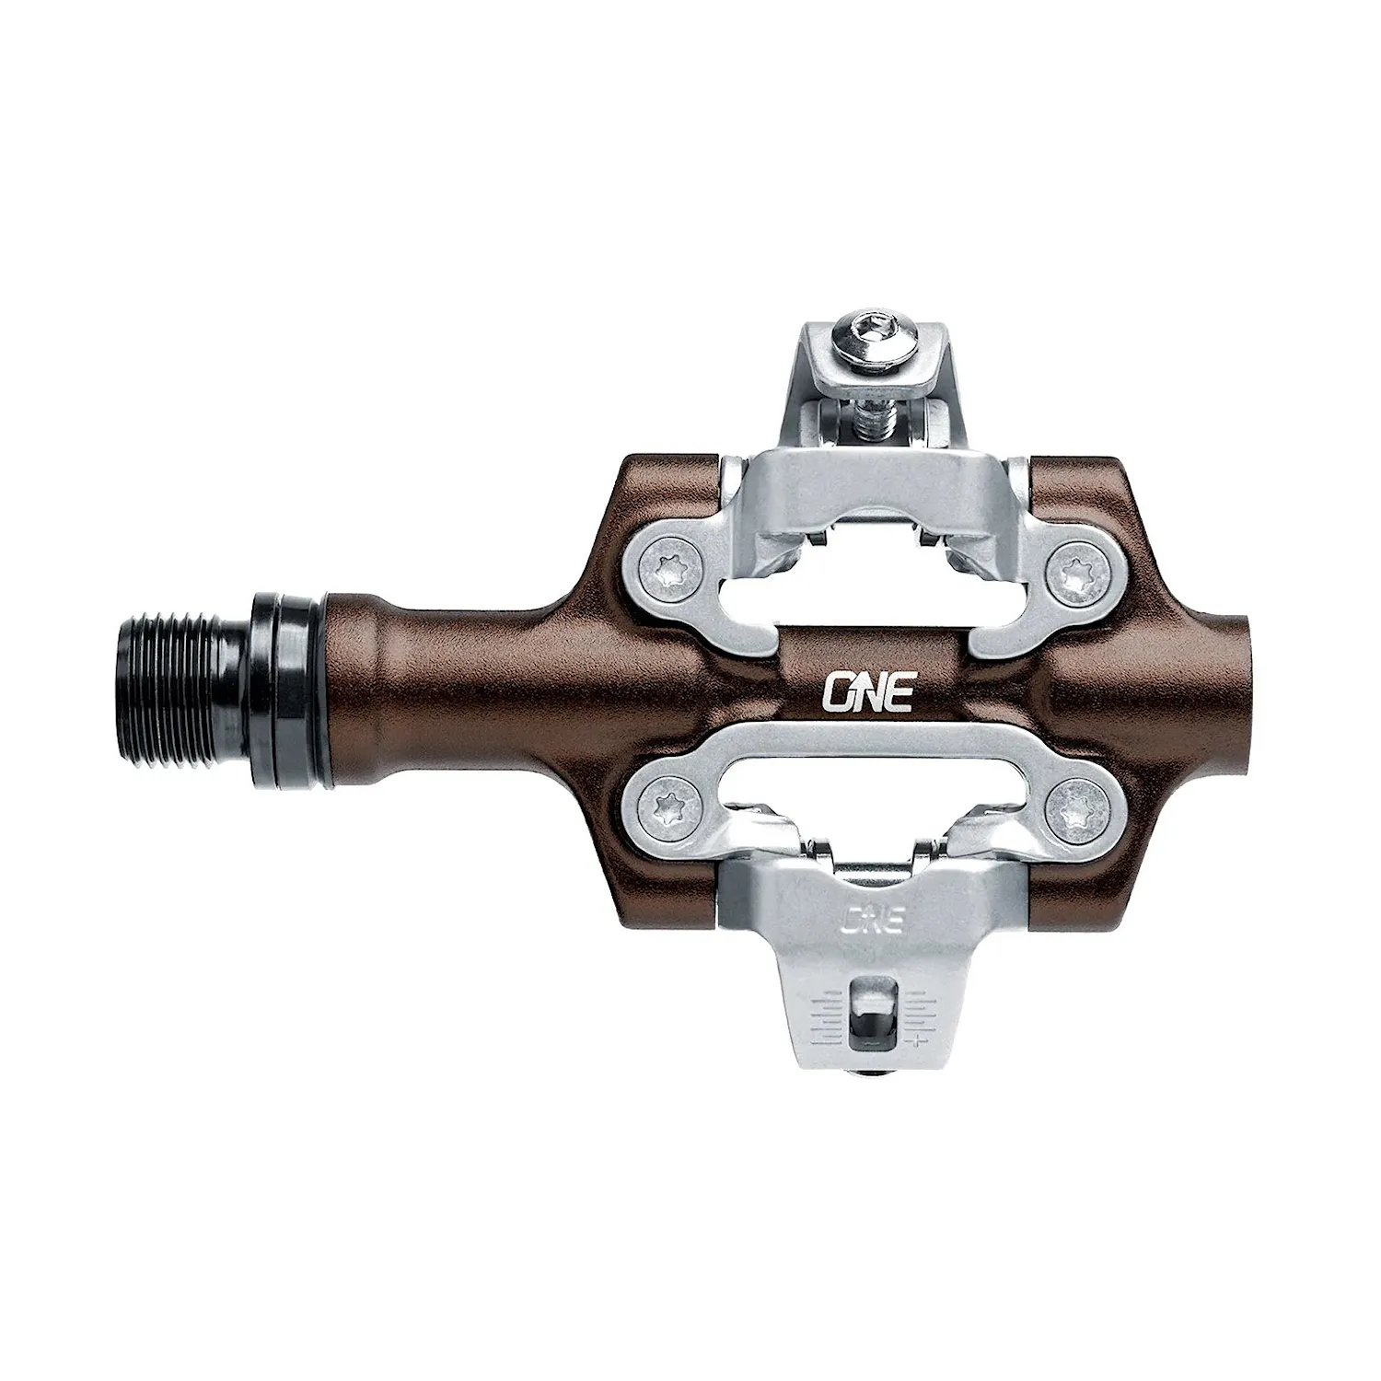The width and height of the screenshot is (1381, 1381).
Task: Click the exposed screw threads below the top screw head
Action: click(x=868, y=420)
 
